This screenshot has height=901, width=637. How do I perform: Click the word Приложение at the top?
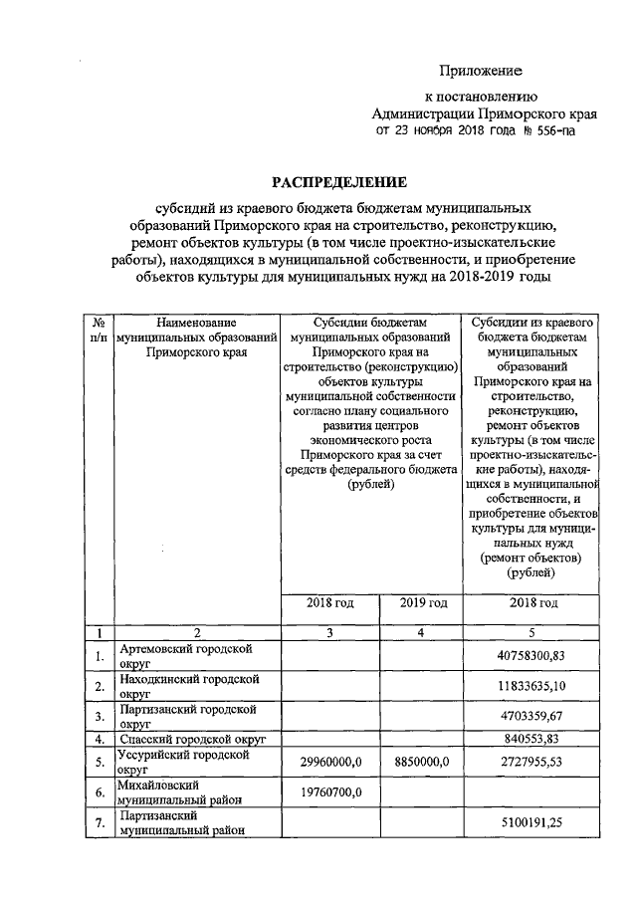click(x=482, y=72)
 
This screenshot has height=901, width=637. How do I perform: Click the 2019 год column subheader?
click(x=423, y=602)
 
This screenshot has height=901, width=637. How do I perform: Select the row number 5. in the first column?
click(x=99, y=762)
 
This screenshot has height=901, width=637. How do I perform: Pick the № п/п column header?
click(x=99, y=331)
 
